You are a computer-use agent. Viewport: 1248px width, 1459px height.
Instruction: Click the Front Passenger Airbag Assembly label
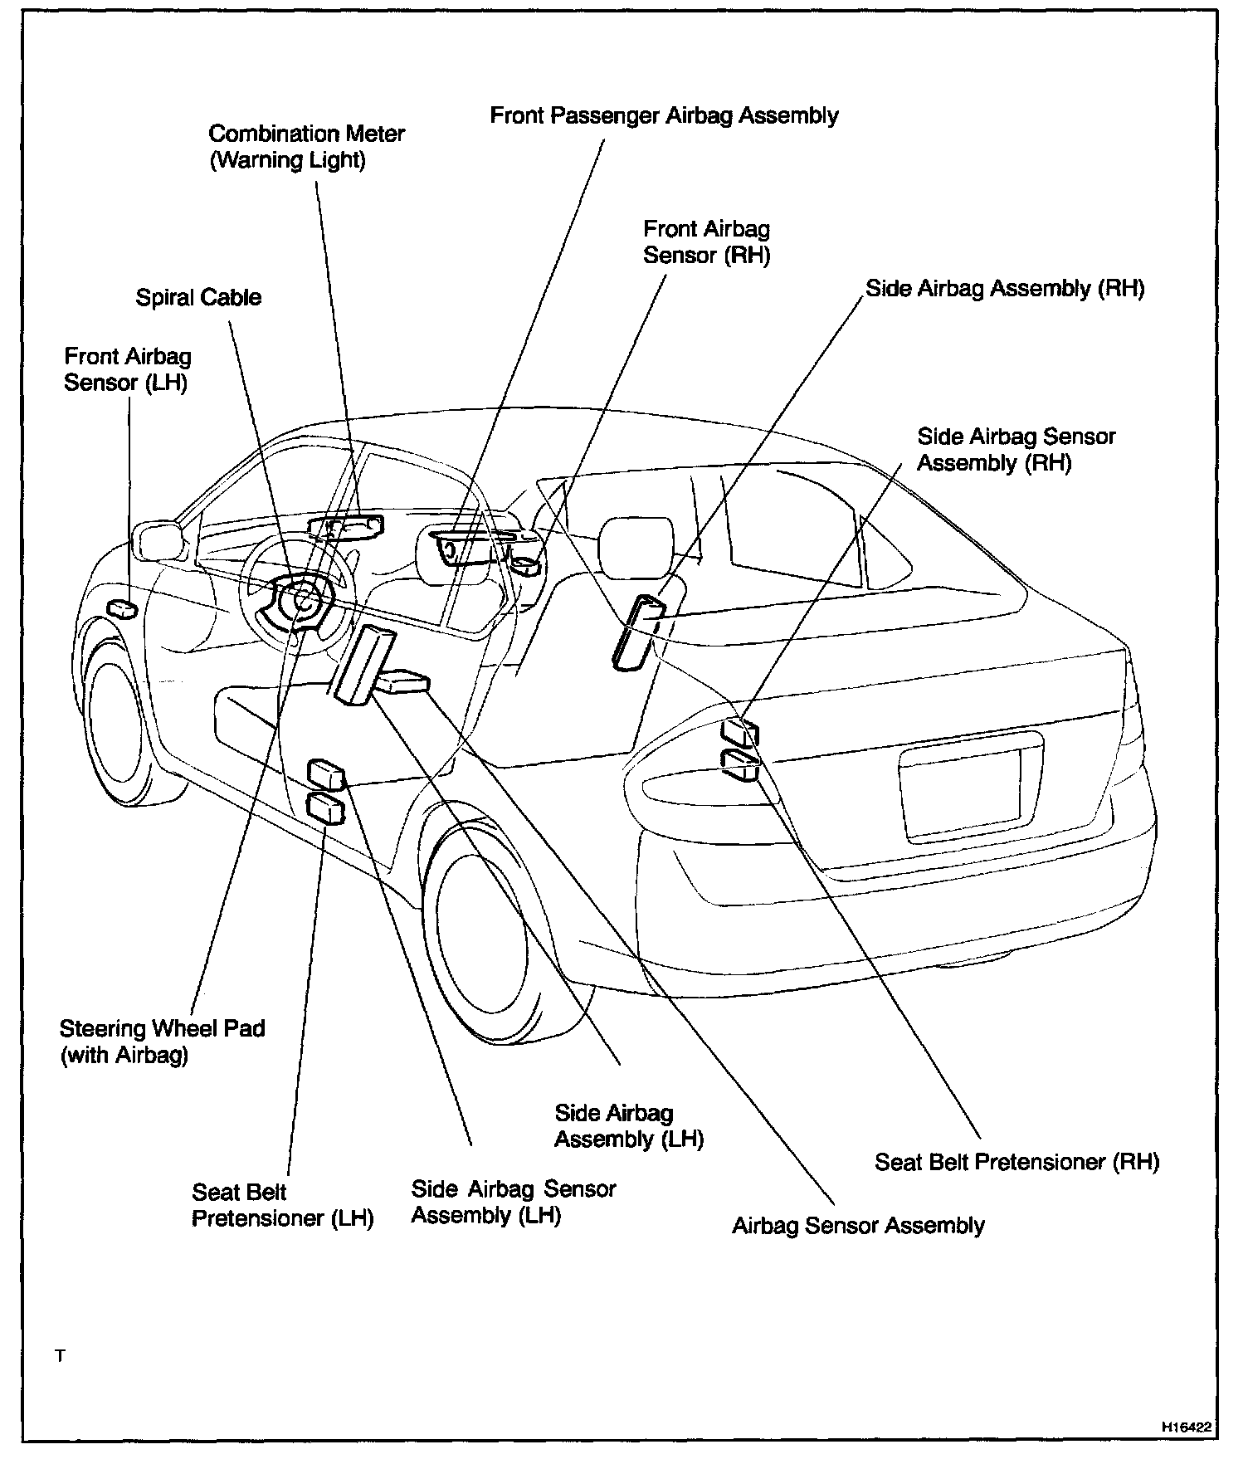[x=664, y=115]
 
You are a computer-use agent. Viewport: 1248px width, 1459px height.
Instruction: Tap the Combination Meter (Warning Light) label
[x=306, y=146]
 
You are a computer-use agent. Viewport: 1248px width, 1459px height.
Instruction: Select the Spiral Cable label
[x=198, y=298]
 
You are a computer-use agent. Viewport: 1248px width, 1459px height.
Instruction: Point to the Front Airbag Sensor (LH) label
[x=127, y=370]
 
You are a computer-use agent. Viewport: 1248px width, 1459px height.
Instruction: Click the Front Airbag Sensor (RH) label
[x=706, y=242]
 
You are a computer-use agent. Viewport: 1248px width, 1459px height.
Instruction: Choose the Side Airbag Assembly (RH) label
[x=1005, y=289]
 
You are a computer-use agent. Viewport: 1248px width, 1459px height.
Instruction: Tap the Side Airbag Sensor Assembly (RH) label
[x=1016, y=449]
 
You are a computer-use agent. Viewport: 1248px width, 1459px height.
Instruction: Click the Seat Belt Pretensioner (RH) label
[x=1016, y=1162]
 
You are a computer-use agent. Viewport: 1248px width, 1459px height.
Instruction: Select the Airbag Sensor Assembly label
[x=858, y=1226]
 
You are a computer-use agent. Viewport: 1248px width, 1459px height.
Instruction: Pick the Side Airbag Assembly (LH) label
[x=628, y=1126]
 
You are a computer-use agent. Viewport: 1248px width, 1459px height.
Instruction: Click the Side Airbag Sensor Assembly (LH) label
[x=513, y=1202]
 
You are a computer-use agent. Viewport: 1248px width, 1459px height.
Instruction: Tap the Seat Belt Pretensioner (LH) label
[x=282, y=1205]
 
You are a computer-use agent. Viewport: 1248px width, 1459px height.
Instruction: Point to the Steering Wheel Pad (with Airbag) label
[x=162, y=1042]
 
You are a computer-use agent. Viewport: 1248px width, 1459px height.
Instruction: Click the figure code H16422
[x=1187, y=1427]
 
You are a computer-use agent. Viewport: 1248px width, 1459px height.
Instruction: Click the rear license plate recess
[x=963, y=793]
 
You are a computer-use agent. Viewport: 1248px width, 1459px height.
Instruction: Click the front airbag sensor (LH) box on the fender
[x=122, y=608]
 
